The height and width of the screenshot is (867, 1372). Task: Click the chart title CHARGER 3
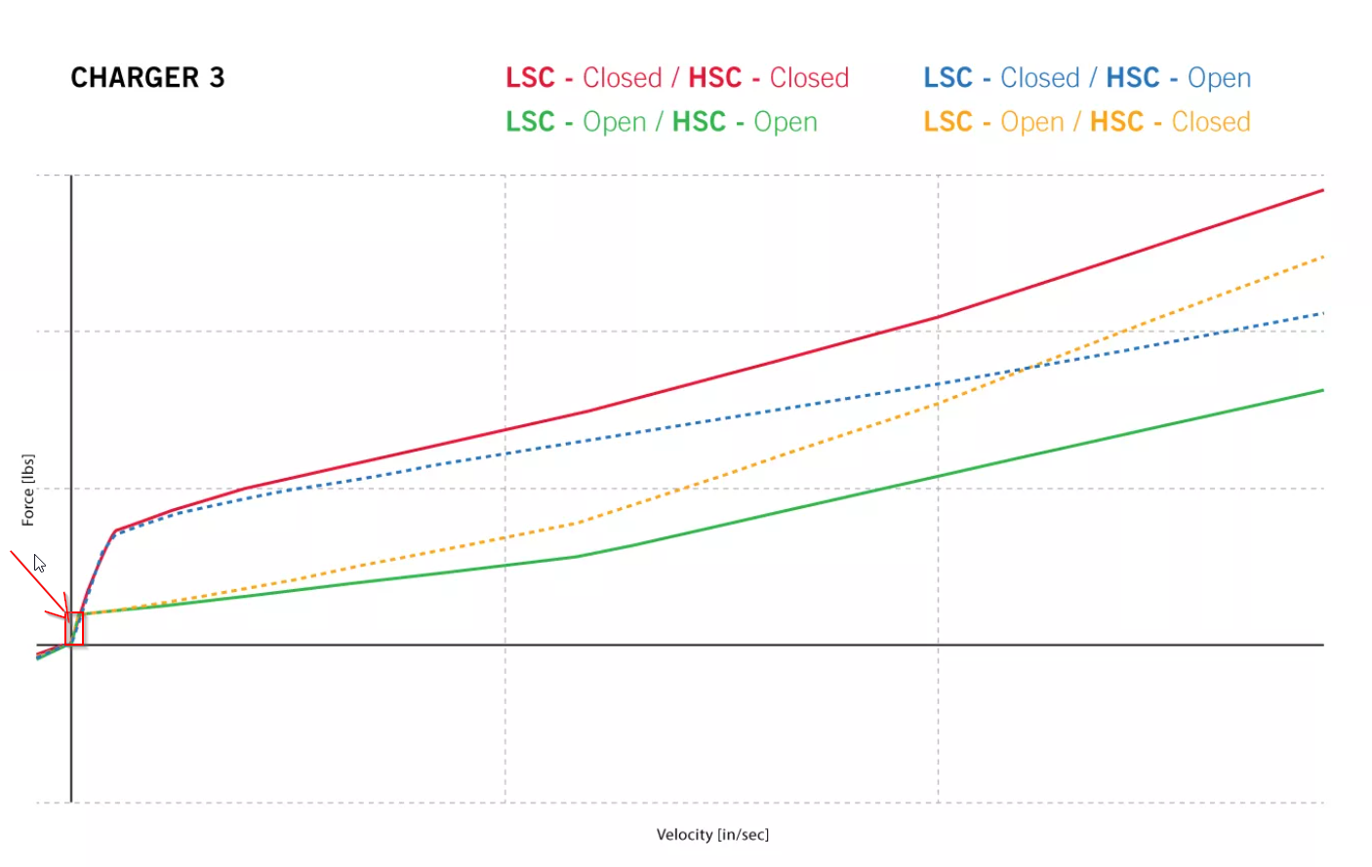147,78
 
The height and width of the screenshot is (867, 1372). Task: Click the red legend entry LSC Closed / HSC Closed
676,78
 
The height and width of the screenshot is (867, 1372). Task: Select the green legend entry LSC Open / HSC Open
661,122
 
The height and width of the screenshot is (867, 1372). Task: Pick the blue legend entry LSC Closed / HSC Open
1086,78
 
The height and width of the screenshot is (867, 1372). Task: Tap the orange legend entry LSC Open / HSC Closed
1086,122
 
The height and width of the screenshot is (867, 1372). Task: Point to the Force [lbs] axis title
28,490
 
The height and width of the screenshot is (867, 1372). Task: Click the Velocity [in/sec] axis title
712,835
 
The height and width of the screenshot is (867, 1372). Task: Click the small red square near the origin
74,629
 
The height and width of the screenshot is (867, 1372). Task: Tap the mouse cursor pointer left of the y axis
38,563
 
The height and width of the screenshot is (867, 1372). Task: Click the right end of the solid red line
1322,190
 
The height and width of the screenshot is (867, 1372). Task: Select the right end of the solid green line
1322,390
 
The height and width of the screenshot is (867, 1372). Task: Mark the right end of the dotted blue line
1322,313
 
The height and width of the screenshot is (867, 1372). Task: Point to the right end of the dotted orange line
1322,256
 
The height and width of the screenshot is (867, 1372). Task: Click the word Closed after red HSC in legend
809,78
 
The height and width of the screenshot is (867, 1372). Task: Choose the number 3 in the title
217,78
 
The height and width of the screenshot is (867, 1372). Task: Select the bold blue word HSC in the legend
1132,78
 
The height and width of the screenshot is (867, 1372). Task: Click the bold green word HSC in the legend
699,122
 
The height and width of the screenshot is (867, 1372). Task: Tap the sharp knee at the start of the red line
115,532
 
